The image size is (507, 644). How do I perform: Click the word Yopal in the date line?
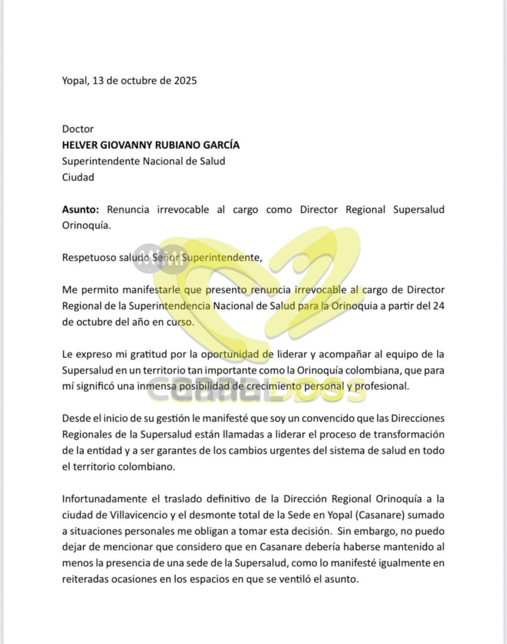click(75, 80)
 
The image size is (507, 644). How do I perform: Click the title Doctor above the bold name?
click(78, 129)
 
